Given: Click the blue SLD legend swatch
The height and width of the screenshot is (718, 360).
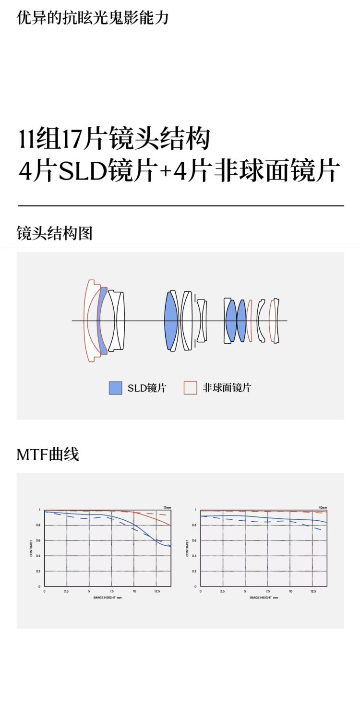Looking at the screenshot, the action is point(115,388).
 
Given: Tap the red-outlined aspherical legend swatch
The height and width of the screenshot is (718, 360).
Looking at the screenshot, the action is point(191,388).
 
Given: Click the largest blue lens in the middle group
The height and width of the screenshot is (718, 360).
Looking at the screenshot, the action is point(171,320).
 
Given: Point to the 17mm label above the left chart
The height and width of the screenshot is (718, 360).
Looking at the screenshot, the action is point(167,507).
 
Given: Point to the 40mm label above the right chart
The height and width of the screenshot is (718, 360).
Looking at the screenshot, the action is point(323,507).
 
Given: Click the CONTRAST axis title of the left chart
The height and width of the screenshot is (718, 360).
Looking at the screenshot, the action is point(31,548).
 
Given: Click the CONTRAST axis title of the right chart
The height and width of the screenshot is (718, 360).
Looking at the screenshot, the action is point(187,548).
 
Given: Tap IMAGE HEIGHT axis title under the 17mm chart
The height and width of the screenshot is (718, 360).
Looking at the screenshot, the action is point(108,598).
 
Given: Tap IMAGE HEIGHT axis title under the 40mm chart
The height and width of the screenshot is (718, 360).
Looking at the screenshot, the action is point(264,598).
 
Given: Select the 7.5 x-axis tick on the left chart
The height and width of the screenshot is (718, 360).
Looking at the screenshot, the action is point(111,592).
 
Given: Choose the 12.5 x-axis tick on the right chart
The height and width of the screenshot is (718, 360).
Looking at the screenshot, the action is point(313,592).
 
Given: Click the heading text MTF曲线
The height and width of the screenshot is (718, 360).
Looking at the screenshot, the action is point(48,454).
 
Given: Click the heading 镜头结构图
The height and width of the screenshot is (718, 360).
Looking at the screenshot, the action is point(54,234).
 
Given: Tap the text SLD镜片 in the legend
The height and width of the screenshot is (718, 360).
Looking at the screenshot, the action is point(146,388).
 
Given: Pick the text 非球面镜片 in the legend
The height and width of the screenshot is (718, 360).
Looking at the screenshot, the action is point(227,388).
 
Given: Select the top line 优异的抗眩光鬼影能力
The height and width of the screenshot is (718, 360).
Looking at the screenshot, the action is point(93,18).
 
